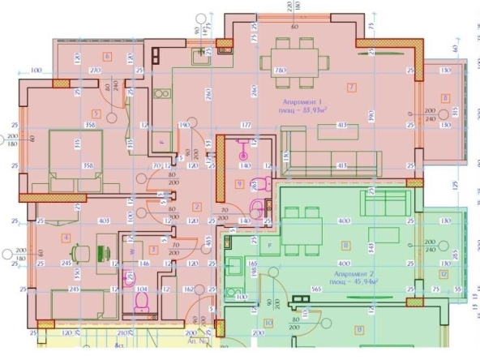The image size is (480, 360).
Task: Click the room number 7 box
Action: click(351, 86)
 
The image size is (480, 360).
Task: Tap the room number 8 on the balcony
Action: click(444, 98)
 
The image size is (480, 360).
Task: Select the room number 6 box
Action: click(107, 56)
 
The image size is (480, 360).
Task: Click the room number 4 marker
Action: click(66, 237)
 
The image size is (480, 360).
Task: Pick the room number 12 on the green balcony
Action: click(444, 273)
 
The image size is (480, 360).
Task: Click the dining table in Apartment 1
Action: click(294, 63)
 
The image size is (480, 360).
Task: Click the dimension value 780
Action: click(281, 71)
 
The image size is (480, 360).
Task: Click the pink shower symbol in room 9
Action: click(241, 147)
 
